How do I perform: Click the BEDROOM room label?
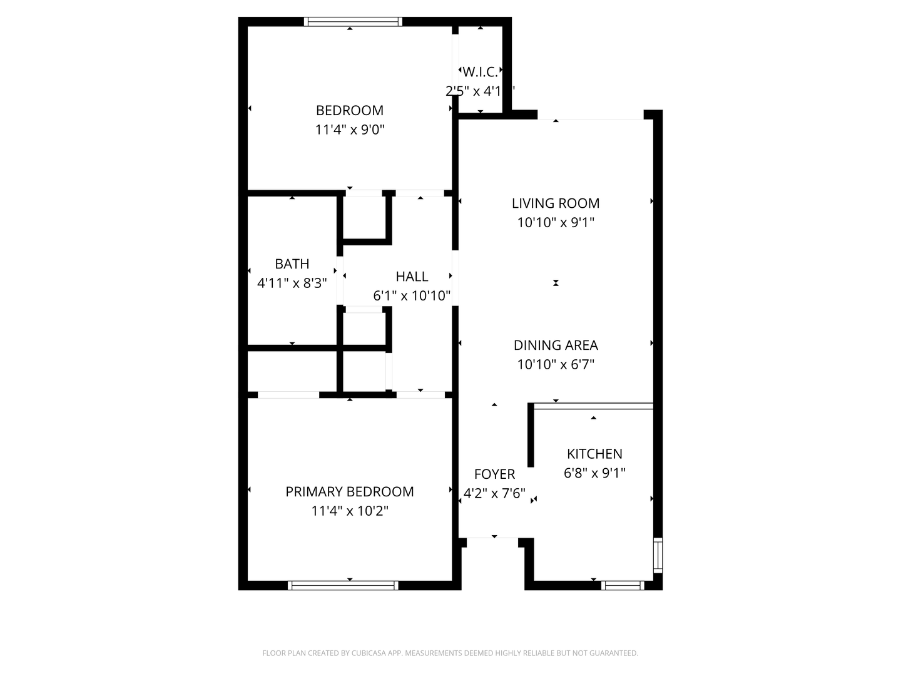pyautogui.click(x=349, y=111)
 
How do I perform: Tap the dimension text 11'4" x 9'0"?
pyautogui.click(x=349, y=130)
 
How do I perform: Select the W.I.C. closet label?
pyautogui.click(x=481, y=72)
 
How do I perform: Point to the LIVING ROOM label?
pyautogui.click(x=556, y=203)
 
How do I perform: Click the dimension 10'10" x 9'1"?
pyautogui.click(x=556, y=222)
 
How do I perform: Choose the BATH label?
pyautogui.click(x=292, y=264)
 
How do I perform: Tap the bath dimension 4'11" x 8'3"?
pyautogui.click(x=292, y=283)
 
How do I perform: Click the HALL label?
pyautogui.click(x=412, y=277)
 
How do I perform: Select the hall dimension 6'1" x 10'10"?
pyautogui.click(x=412, y=295)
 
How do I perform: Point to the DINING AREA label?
pyautogui.click(x=556, y=346)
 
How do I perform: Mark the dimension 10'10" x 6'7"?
pyautogui.click(x=556, y=364)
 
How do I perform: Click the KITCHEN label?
pyautogui.click(x=594, y=454)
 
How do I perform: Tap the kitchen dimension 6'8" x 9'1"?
pyautogui.click(x=594, y=473)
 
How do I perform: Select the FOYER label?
pyautogui.click(x=494, y=474)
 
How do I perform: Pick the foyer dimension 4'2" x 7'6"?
pyautogui.click(x=494, y=493)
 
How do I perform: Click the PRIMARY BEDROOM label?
pyautogui.click(x=350, y=492)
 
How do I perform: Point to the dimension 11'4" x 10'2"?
pyautogui.click(x=350, y=511)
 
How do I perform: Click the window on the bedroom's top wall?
pyautogui.click(x=353, y=22)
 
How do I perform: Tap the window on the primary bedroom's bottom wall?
pyautogui.click(x=343, y=585)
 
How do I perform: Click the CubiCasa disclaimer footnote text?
pyautogui.click(x=450, y=653)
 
